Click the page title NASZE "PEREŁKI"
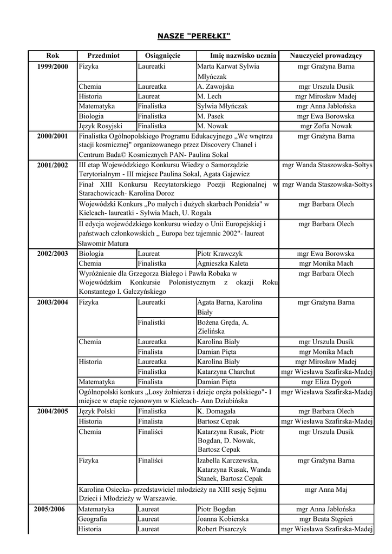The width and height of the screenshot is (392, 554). click(x=194, y=36)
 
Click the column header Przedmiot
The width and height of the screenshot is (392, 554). click(x=103, y=56)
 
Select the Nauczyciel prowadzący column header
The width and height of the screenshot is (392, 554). click(x=326, y=56)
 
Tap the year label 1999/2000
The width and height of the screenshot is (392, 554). click(x=53, y=67)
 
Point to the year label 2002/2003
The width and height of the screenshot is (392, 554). click(x=53, y=253)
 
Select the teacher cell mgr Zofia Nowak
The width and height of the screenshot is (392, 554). click(x=326, y=126)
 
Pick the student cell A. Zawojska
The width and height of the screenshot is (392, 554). click(x=215, y=87)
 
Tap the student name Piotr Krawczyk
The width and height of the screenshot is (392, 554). click(x=220, y=253)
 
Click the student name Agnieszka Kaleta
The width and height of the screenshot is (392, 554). click(x=223, y=263)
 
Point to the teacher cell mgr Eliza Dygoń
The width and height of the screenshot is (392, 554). click(x=326, y=381)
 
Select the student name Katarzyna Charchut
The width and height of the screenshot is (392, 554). click(x=225, y=372)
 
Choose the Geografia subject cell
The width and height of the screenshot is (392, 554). click(x=93, y=519)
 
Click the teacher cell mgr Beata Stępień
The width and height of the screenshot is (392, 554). click(x=326, y=519)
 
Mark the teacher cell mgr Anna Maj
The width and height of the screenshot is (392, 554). click(x=326, y=490)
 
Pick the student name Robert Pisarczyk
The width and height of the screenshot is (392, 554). click(x=222, y=529)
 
